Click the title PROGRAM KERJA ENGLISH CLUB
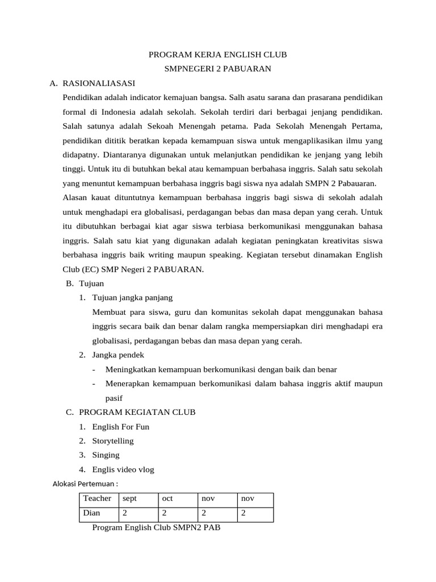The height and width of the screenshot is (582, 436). (x=217, y=55)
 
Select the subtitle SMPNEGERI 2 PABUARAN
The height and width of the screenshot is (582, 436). (x=217, y=69)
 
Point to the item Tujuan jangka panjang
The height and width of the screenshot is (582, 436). (x=132, y=297)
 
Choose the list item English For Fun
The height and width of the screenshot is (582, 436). (x=120, y=426)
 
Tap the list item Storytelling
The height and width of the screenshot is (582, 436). (x=113, y=440)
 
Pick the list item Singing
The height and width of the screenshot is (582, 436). (x=106, y=455)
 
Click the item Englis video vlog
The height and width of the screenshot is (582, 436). (x=123, y=469)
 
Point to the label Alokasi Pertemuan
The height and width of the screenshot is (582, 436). (x=85, y=484)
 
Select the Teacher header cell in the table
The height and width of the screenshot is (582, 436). (x=97, y=498)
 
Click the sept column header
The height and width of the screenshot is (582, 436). (x=130, y=498)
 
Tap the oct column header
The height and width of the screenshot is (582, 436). (x=167, y=498)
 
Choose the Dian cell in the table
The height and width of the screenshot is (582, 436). (x=91, y=513)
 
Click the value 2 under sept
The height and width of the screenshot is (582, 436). (x=125, y=513)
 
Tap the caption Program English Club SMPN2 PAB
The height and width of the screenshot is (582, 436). (x=156, y=528)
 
